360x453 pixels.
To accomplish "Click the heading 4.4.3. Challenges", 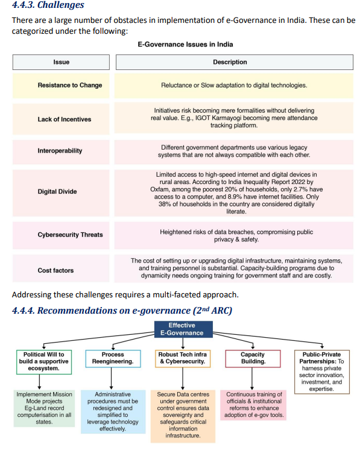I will [48, 5].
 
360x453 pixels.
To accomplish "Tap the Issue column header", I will [61, 62].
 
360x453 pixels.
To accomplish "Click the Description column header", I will [230, 62].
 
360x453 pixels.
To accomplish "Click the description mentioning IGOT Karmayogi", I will [230, 118].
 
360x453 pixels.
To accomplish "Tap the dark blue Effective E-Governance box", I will [182, 329].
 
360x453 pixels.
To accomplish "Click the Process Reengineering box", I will [113, 358].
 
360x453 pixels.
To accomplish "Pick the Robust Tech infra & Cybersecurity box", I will [183, 358].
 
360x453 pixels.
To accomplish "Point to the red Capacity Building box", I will [253, 358].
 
